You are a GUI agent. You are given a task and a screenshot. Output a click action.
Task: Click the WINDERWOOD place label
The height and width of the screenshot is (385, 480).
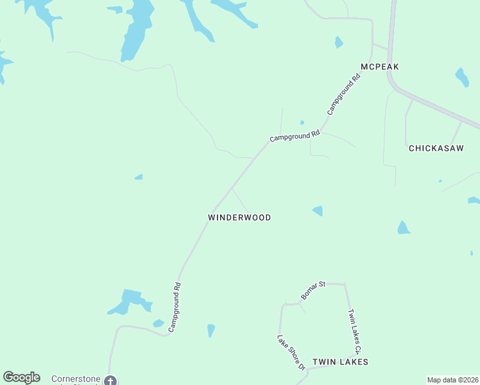pos(239,218)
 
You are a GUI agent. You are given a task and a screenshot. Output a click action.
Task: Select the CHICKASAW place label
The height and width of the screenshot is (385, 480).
pos(436,148)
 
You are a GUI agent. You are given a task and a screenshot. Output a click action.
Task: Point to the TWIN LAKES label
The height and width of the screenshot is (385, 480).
pos(340,362)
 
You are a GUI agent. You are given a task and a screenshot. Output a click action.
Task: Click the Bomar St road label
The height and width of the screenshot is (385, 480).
pos(313,291)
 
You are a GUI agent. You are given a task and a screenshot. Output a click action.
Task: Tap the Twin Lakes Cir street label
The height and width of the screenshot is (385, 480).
pos(355,331)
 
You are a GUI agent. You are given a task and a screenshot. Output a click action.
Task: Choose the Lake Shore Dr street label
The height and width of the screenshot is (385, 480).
pos(290,353)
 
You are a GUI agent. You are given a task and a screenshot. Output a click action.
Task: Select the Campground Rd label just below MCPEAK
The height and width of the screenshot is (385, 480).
pos(344,94)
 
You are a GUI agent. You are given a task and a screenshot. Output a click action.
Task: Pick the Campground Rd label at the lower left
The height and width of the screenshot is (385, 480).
pos(175,307)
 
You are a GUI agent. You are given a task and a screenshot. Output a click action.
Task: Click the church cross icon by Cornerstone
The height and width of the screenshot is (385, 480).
pos(110,380)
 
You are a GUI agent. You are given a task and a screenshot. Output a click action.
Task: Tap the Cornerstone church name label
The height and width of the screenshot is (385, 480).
pos(75,379)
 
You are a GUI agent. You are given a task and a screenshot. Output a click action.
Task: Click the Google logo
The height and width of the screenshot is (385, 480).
pos(21,377)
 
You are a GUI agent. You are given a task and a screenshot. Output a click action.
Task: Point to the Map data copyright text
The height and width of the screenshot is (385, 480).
pos(452,380)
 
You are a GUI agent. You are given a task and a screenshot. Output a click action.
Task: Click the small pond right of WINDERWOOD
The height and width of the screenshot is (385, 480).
pos(318,210)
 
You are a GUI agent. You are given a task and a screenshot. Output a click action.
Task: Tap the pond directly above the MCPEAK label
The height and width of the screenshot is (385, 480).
pos(339,42)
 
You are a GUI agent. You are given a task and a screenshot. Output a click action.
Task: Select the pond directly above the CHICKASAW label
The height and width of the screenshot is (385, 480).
pos(461,77)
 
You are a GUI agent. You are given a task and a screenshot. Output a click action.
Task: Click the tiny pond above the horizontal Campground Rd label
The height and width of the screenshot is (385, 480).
pos(302,123)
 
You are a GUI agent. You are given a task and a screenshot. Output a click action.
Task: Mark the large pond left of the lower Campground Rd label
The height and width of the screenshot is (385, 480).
pos(130,302)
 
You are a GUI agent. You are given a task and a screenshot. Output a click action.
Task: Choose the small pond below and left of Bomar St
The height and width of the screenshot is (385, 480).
pos(210,330)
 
